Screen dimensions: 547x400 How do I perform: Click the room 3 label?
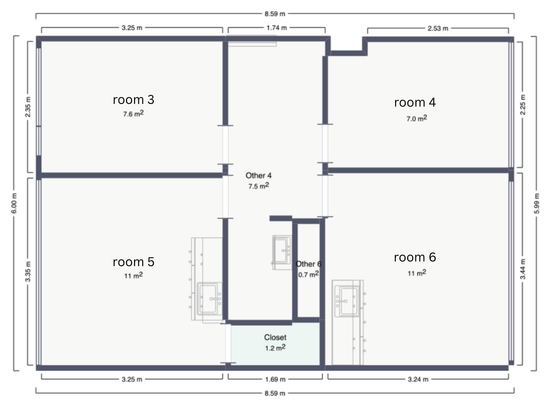point(134,100)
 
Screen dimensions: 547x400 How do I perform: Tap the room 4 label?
point(415,102)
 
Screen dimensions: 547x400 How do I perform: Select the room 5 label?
point(134,262)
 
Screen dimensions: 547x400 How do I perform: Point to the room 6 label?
point(415,257)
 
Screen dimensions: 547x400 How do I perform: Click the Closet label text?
point(275,337)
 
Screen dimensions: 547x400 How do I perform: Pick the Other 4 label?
point(259,175)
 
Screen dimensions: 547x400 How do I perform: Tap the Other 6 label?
point(309,264)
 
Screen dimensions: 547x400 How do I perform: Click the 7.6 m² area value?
point(133,114)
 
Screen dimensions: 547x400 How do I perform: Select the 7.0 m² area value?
point(417,118)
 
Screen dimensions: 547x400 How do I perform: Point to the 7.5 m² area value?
point(259,186)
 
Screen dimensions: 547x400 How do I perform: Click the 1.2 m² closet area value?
point(275,347)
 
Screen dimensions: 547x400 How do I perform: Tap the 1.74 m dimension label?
point(277,28)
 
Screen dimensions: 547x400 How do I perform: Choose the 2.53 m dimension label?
point(438,29)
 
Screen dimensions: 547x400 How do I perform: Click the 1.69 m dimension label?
point(275,379)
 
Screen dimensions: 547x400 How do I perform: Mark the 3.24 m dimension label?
point(418,379)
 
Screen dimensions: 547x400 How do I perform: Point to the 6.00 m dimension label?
point(14,203)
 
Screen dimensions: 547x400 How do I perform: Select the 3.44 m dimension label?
point(523,269)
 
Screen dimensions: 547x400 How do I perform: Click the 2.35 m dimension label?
point(28,107)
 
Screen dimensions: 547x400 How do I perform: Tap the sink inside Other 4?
point(282,253)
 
